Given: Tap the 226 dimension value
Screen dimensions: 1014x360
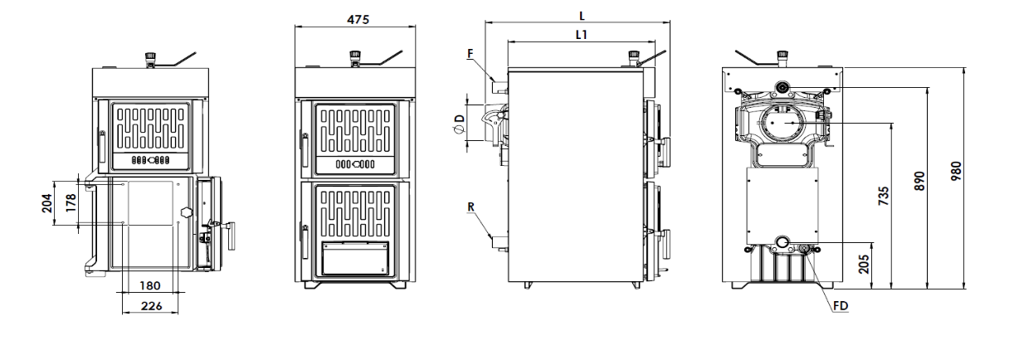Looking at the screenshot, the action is click(150, 305).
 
